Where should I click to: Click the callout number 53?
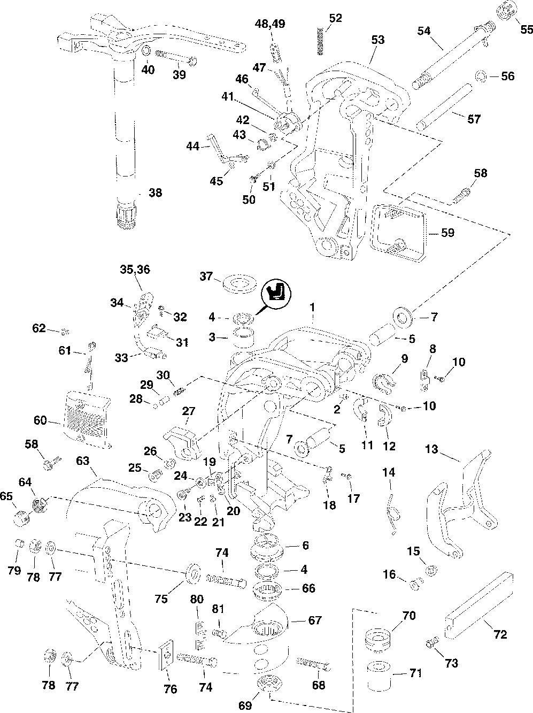(377, 40)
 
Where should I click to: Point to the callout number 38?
(155, 193)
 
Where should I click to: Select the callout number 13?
(431, 450)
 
